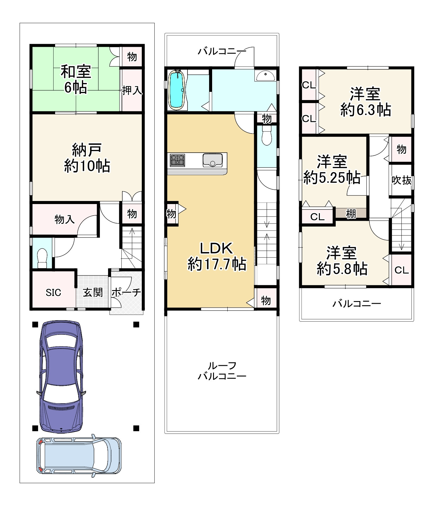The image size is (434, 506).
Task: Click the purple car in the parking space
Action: pyautogui.click(x=61, y=376)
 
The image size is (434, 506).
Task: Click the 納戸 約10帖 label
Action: pyautogui.click(x=87, y=158)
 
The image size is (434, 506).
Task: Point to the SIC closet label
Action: pyautogui.click(x=53, y=293)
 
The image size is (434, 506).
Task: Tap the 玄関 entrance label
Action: pyautogui.click(x=93, y=293)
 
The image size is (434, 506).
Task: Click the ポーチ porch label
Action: pyautogui.click(x=126, y=293)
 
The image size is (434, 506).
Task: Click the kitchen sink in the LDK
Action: pyautogui.click(x=212, y=160)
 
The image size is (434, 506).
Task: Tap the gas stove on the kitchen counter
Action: pyautogui.click(x=177, y=160)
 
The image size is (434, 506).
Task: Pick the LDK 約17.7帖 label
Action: pyautogui.click(x=217, y=256)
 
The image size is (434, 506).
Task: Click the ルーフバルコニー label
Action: pyautogui.click(x=222, y=371)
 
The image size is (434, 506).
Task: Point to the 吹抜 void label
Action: pyautogui.click(x=401, y=180)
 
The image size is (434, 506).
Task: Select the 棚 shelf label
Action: pyautogui.click(x=351, y=214)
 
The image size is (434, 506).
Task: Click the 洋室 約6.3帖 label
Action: pyautogui.click(x=366, y=102)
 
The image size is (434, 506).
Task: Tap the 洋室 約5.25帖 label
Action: pyautogui.click(x=332, y=169)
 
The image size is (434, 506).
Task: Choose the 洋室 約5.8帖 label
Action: pyautogui.click(x=342, y=261)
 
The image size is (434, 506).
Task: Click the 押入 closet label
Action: pyautogui.click(x=132, y=90)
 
